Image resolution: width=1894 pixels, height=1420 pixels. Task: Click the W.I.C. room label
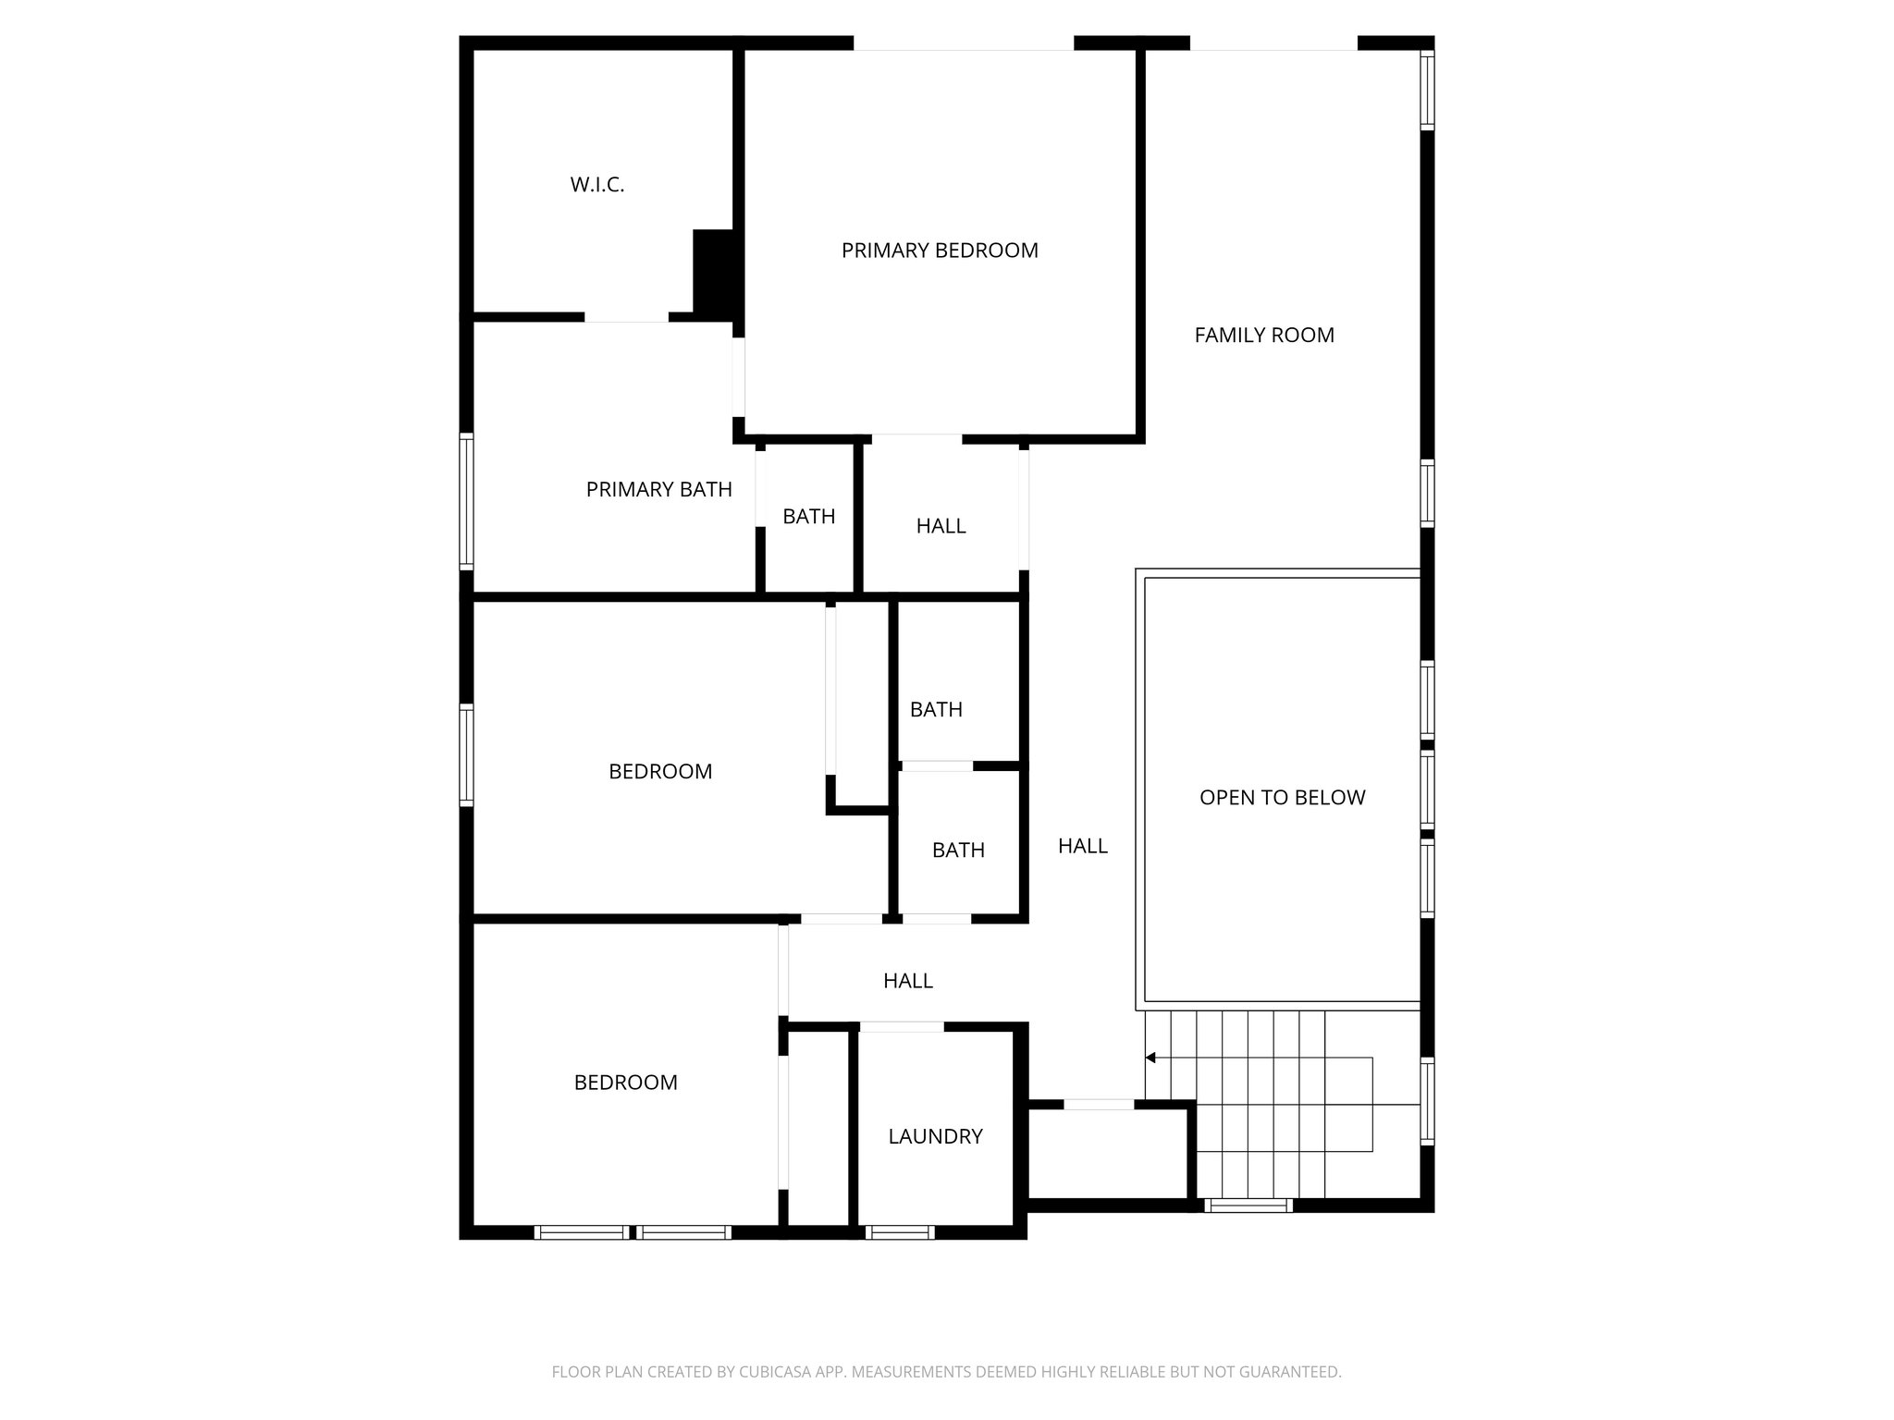pos(596,185)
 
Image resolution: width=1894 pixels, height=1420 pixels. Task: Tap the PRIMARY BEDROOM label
pos(939,251)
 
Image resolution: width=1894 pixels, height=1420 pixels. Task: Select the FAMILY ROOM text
pos(1263,336)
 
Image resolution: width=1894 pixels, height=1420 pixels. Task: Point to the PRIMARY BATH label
pos(658,490)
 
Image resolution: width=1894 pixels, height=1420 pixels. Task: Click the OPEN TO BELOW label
pos(1282,798)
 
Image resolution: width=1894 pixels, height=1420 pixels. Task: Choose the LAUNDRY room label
pos(935,1137)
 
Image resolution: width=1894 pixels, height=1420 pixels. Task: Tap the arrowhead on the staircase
pos(1150,1058)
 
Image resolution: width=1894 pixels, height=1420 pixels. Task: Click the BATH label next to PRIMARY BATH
pos(808,517)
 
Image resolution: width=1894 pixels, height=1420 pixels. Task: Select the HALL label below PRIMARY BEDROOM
pos(941,526)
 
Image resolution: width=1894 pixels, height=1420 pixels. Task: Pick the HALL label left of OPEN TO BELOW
pos(1082,846)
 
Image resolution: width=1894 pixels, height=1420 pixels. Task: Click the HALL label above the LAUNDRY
pos(907,981)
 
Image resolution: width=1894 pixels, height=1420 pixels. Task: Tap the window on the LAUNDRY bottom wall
pos(899,1232)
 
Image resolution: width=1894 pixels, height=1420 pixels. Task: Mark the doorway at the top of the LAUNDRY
pos(901,1026)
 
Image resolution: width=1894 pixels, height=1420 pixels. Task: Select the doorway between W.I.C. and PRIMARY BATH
pos(625,317)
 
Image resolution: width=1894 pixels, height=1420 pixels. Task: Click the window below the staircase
pos(1248,1205)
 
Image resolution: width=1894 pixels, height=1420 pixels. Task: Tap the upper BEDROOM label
pos(660,772)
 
